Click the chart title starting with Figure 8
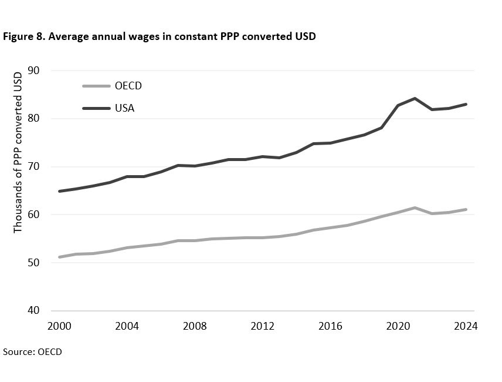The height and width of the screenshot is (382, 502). (160, 37)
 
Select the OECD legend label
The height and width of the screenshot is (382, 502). (128, 86)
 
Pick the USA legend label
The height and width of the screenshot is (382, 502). (125, 108)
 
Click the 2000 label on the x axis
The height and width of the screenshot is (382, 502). (60, 327)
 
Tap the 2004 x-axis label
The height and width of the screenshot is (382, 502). (127, 327)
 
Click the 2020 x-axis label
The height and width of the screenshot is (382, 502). (398, 327)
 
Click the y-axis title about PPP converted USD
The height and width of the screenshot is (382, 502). (18, 151)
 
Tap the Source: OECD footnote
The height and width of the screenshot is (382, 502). (32, 352)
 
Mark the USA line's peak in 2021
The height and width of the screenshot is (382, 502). (415, 98)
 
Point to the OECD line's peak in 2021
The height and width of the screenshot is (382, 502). (415, 207)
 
